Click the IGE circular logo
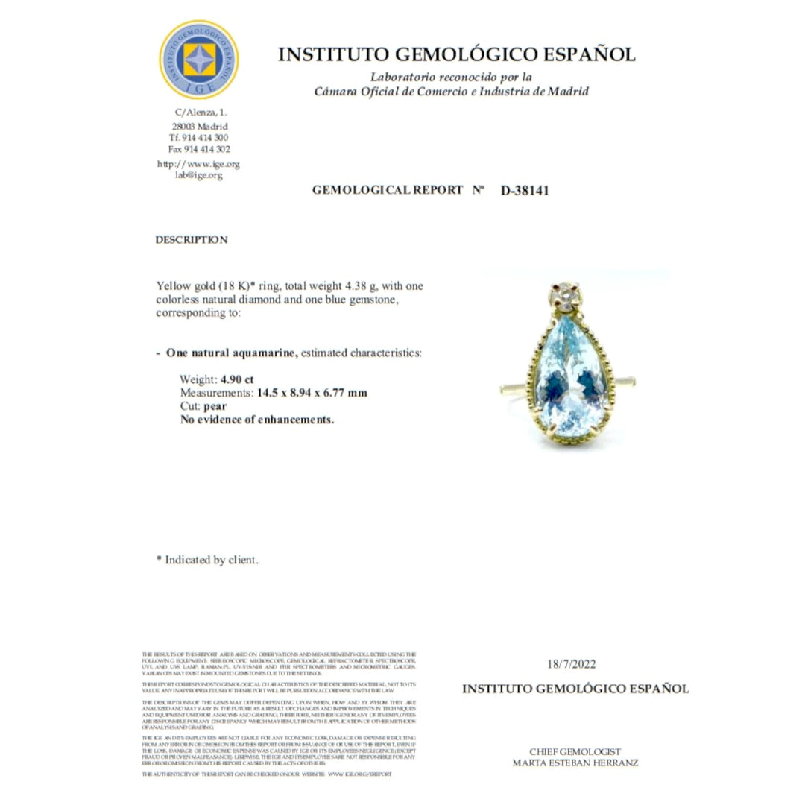point(199,60)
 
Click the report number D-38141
point(525,190)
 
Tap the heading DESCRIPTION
point(192,240)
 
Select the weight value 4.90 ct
point(237,379)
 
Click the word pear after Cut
point(215,406)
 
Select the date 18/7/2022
point(572,665)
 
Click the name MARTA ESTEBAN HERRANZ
point(575,763)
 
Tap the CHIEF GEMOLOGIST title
point(575,751)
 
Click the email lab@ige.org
point(199,175)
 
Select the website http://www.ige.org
point(198,164)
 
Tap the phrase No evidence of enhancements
point(257,420)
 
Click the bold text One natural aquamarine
point(232,353)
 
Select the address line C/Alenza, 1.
point(201,113)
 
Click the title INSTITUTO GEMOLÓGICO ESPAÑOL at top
point(456,54)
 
